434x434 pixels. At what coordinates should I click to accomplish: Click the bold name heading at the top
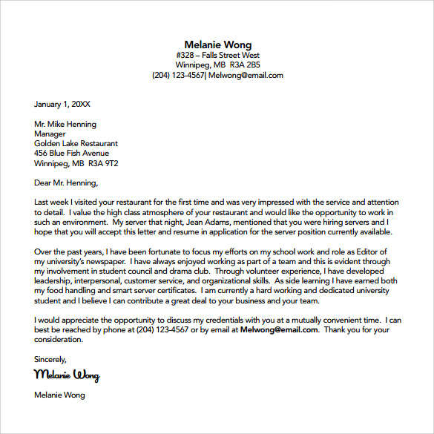coord(217,45)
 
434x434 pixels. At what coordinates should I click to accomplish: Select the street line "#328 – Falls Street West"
coord(217,55)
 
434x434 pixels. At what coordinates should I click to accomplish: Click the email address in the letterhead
coord(246,75)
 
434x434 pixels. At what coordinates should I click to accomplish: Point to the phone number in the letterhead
coord(178,75)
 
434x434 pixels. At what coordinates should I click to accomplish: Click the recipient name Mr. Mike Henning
coord(65,124)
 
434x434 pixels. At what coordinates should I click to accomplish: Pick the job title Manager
coord(50,134)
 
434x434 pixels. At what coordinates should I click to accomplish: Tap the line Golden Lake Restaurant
coord(76,143)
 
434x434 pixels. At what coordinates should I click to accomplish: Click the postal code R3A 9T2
coord(105,163)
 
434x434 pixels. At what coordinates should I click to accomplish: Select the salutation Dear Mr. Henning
coord(66,183)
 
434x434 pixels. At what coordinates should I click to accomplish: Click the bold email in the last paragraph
coord(279,329)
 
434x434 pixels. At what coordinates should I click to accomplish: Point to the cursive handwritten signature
coord(67,375)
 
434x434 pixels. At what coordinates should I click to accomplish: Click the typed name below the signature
coord(59,395)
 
